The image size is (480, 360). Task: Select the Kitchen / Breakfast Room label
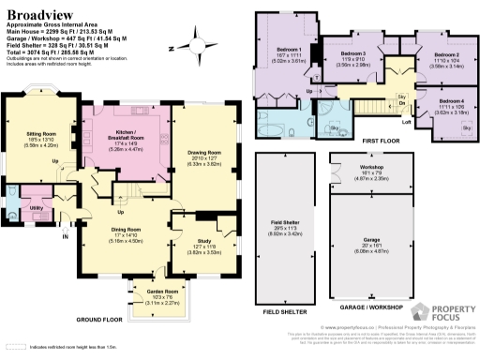coord(126,132)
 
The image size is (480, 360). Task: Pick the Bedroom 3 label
coord(352,54)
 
